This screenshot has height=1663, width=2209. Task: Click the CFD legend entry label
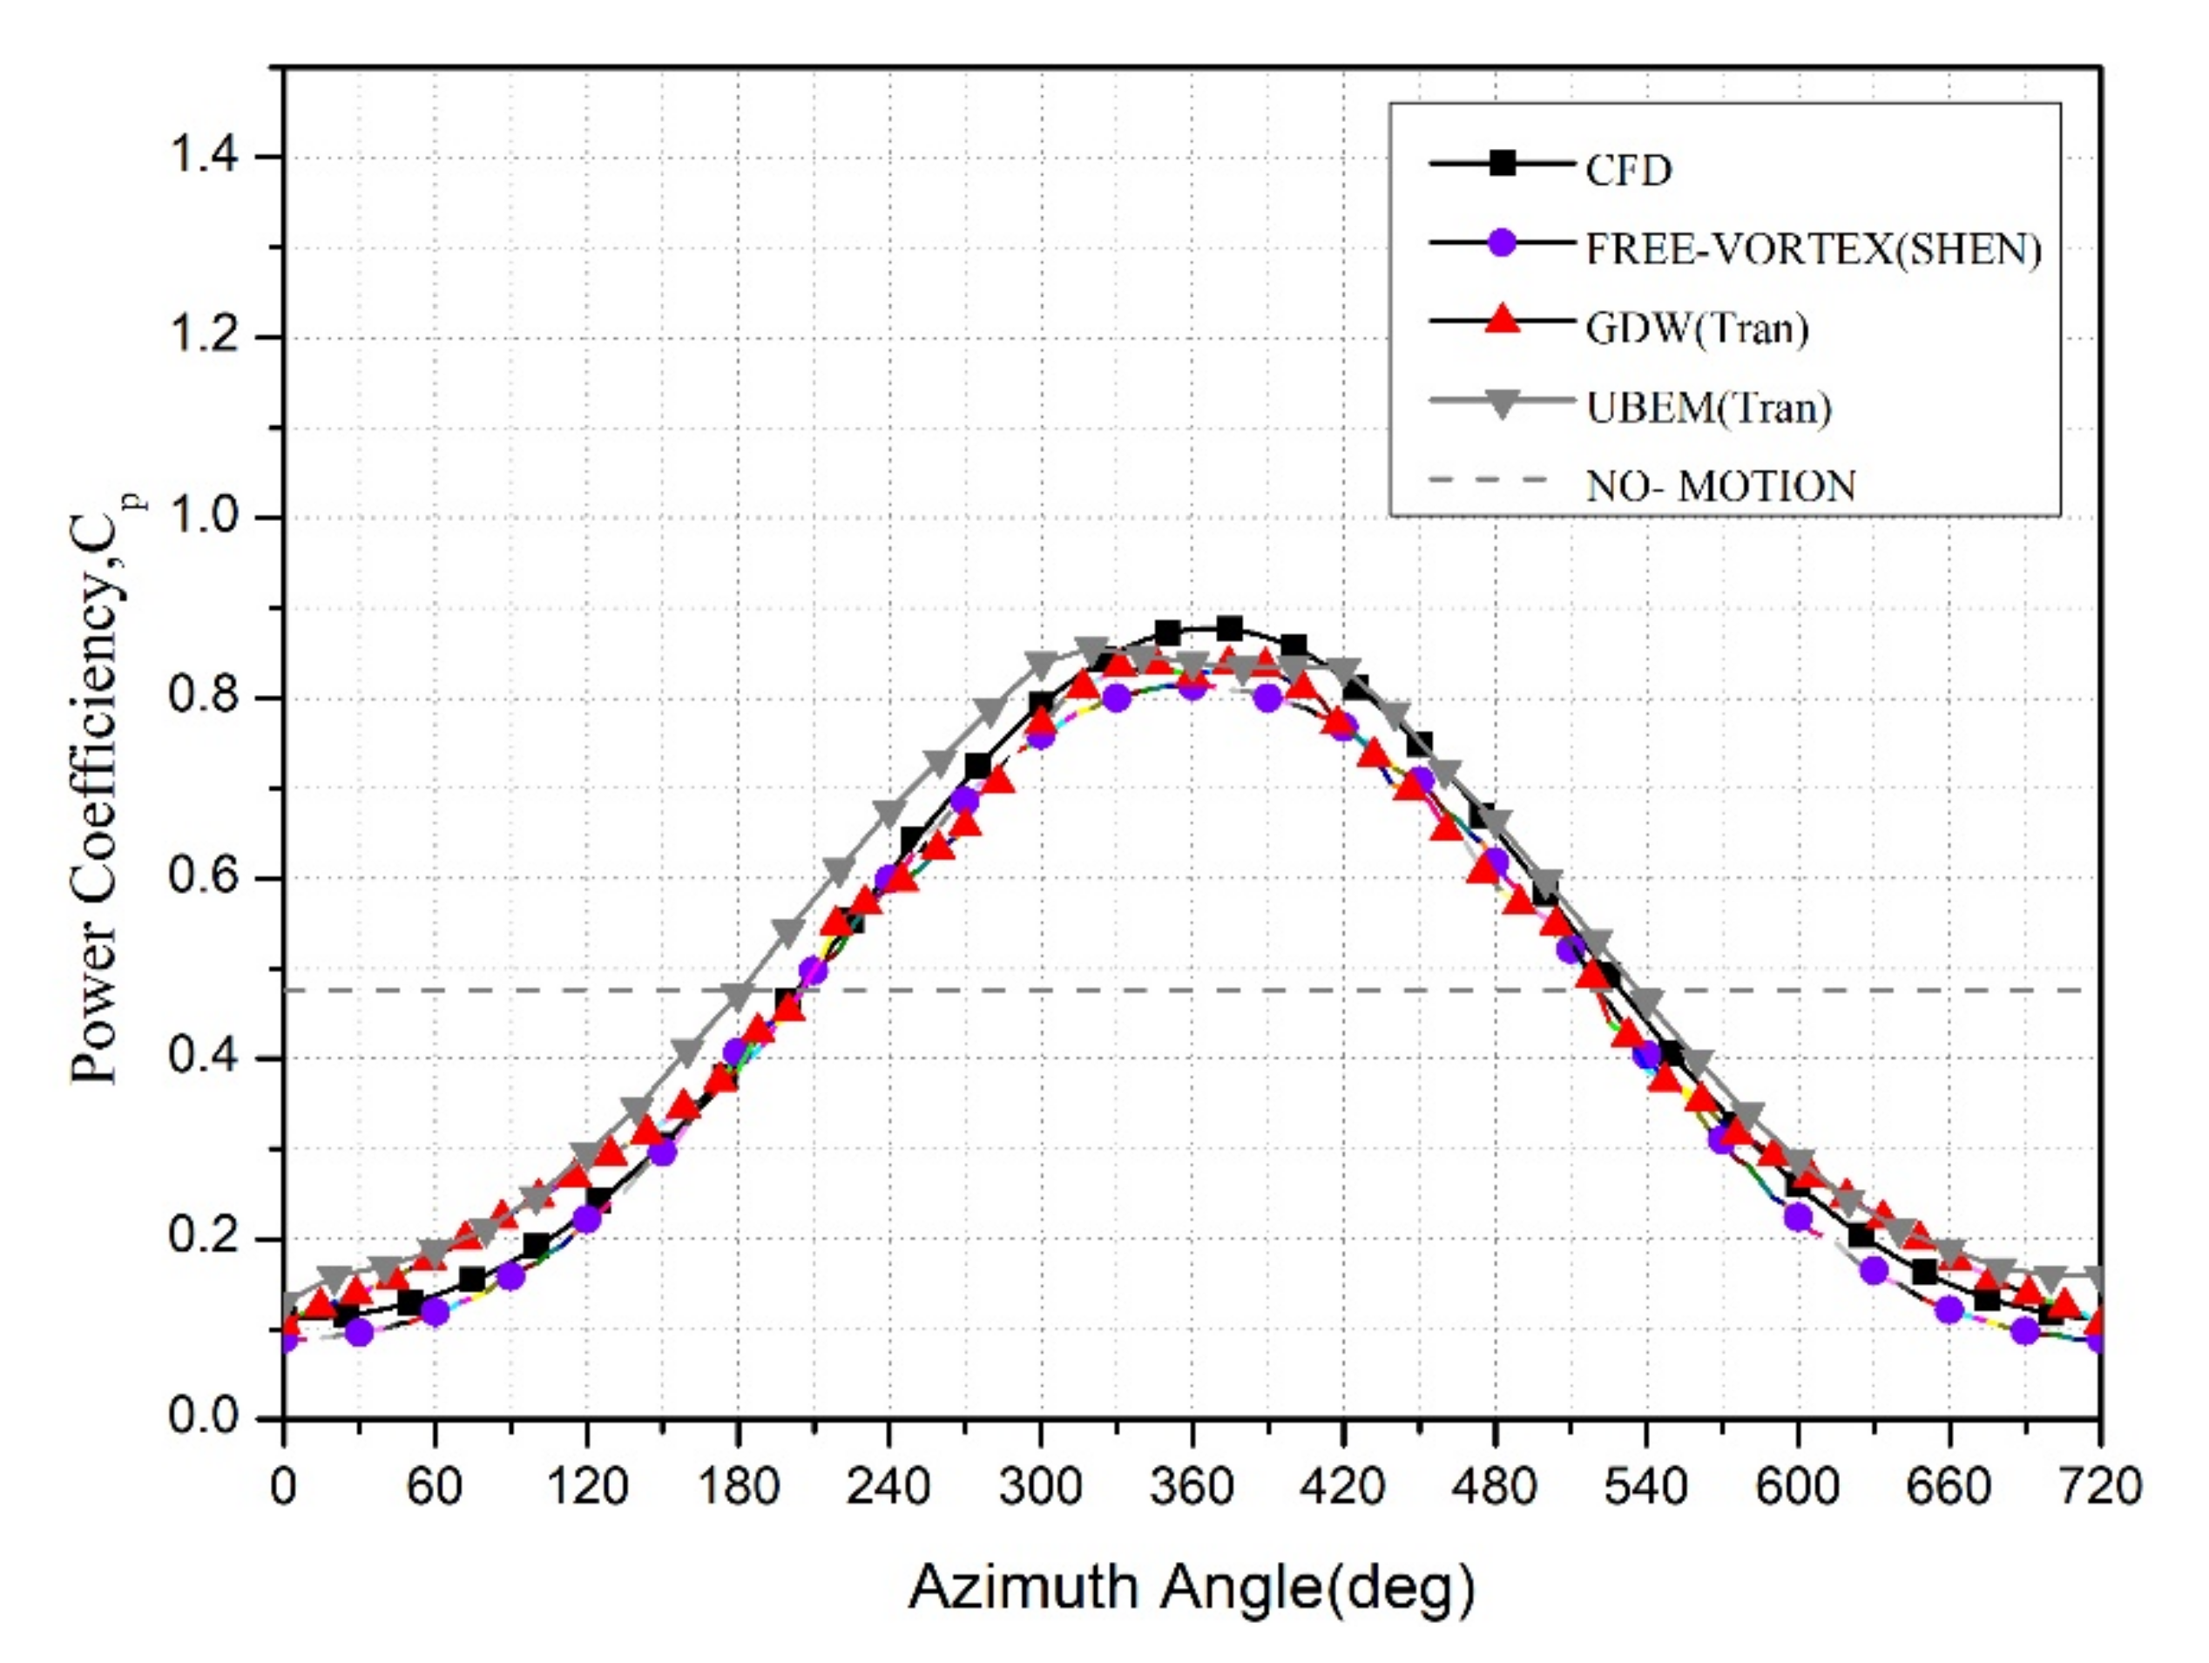tap(1628, 171)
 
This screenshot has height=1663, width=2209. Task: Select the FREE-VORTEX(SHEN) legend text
tap(1813, 250)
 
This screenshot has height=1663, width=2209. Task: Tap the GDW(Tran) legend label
tap(1697, 328)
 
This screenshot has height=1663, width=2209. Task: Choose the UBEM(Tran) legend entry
tap(1709, 408)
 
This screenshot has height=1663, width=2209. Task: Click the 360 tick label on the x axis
tap(1192, 1487)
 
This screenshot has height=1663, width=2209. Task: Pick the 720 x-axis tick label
tap(2100, 1487)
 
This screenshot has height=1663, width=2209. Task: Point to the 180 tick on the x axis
tap(737, 1487)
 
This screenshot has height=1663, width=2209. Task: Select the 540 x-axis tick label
tap(1645, 1487)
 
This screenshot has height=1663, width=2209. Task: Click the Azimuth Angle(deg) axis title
tap(1191, 1588)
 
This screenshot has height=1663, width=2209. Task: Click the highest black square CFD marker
tap(1229, 628)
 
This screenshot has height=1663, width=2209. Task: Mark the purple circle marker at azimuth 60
tap(435, 1311)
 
